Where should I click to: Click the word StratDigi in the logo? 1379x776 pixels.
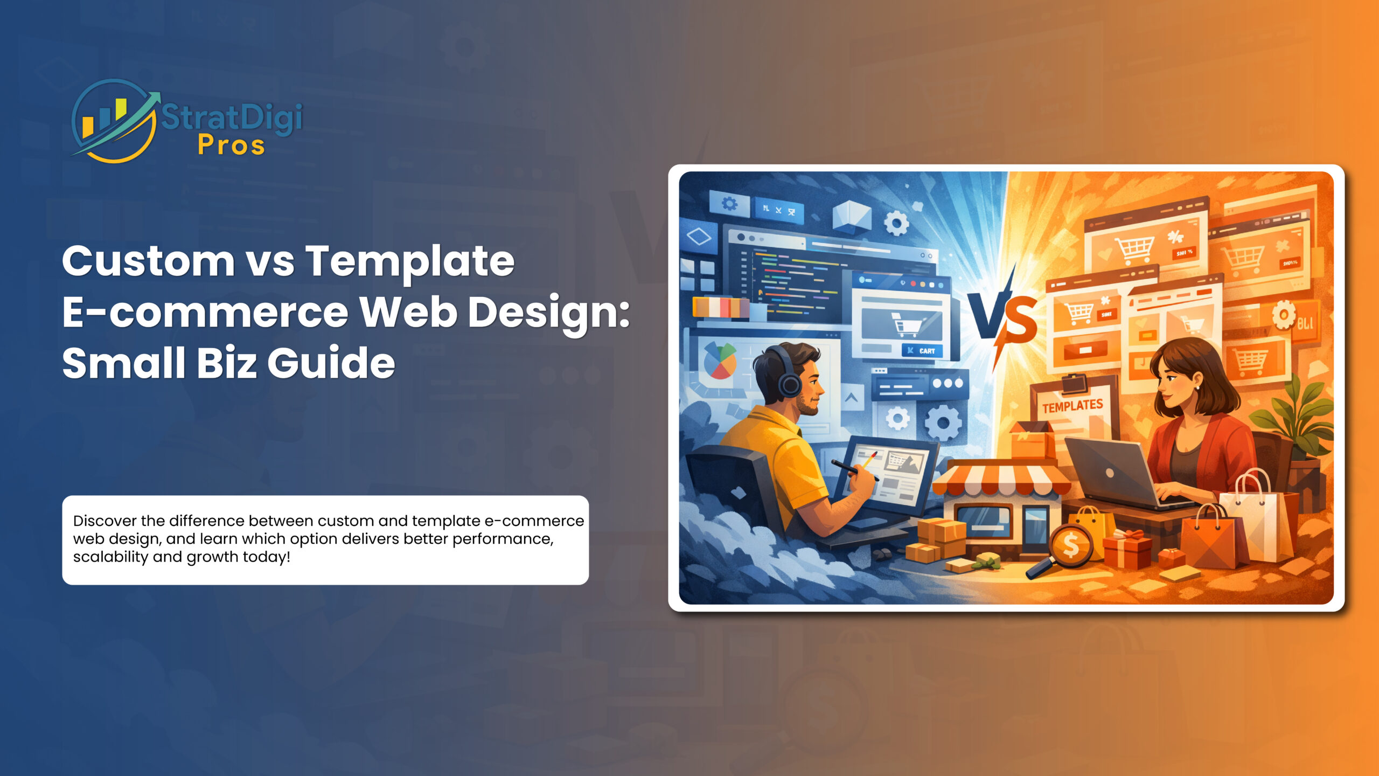tap(232, 117)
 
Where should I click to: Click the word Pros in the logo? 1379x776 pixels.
tap(232, 145)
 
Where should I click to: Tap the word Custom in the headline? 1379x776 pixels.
tap(148, 261)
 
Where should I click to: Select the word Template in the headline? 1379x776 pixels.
tap(410, 261)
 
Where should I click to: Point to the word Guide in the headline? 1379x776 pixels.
tap(331, 362)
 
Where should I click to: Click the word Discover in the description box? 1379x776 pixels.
tap(105, 521)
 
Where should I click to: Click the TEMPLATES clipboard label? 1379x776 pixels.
tap(1072, 406)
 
